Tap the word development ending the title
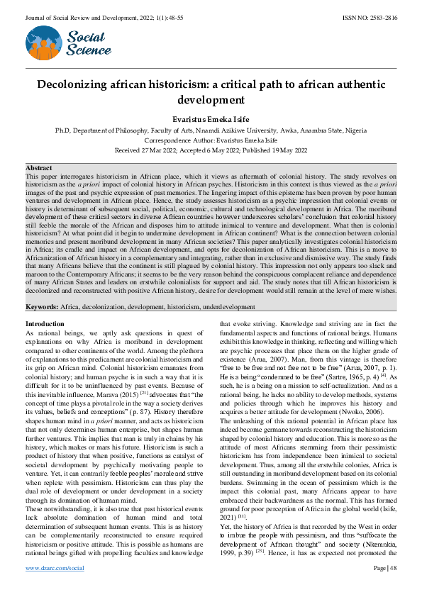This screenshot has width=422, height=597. point(211,100)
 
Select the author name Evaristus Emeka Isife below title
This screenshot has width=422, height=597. point(211,120)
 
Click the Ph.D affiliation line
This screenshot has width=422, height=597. point(211,131)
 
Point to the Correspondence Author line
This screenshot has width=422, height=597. point(211,140)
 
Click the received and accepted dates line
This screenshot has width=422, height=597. point(211,150)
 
